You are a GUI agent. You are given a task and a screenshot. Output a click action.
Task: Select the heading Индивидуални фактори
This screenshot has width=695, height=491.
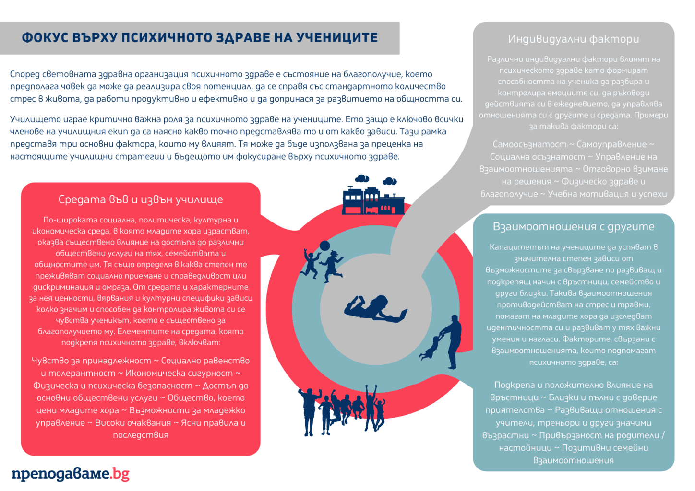574,39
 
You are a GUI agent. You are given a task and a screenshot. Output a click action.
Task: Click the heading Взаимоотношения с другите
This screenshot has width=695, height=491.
574,226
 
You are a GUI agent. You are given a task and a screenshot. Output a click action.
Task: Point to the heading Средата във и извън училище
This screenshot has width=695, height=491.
141,199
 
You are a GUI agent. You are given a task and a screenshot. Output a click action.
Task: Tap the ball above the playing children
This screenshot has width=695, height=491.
324,246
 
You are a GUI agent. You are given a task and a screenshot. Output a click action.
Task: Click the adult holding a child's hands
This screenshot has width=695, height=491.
453,340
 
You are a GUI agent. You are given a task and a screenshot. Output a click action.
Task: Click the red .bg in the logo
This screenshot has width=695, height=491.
120,474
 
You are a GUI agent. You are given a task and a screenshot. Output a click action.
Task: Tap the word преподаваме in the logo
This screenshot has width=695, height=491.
60,474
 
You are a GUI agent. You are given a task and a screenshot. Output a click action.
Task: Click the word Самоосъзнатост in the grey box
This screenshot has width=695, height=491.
529,144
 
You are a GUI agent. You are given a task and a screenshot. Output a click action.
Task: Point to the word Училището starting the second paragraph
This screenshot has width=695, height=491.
36,119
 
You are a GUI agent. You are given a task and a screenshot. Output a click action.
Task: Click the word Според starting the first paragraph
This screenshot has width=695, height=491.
24,74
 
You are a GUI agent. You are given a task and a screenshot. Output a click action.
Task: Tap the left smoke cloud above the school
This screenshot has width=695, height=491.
362,179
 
